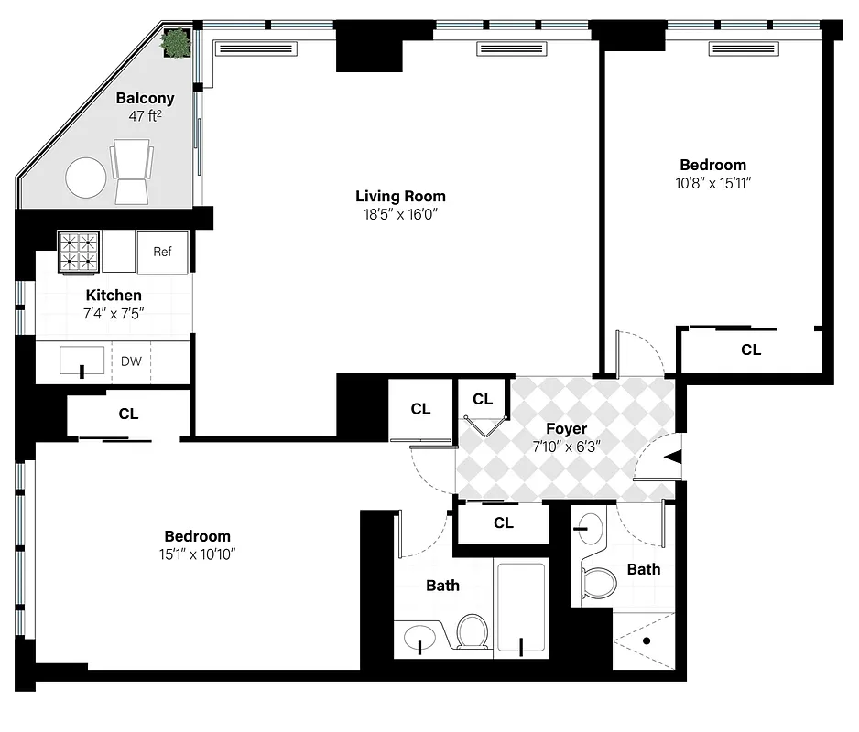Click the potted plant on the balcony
(x=176, y=42)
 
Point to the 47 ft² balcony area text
(x=145, y=116)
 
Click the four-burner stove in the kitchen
(x=79, y=252)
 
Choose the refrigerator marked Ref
(x=162, y=252)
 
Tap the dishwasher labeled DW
(x=131, y=361)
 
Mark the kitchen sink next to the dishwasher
(x=82, y=362)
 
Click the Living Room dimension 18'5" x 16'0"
(x=400, y=215)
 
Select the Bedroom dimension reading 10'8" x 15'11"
(x=712, y=183)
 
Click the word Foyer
(x=566, y=428)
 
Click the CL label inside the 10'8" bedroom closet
(x=750, y=350)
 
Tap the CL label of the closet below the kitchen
(x=128, y=414)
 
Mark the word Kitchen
(x=114, y=295)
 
